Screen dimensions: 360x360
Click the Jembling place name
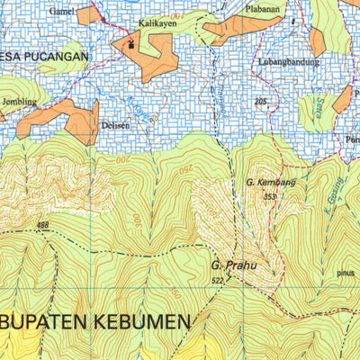[x=21, y=103]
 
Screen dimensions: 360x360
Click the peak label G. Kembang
[x=265, y=183]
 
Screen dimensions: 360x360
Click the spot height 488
[x=43, y=224]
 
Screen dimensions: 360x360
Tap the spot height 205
[x=262, y=102]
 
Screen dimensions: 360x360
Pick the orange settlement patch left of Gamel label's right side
[x=89, y=14]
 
